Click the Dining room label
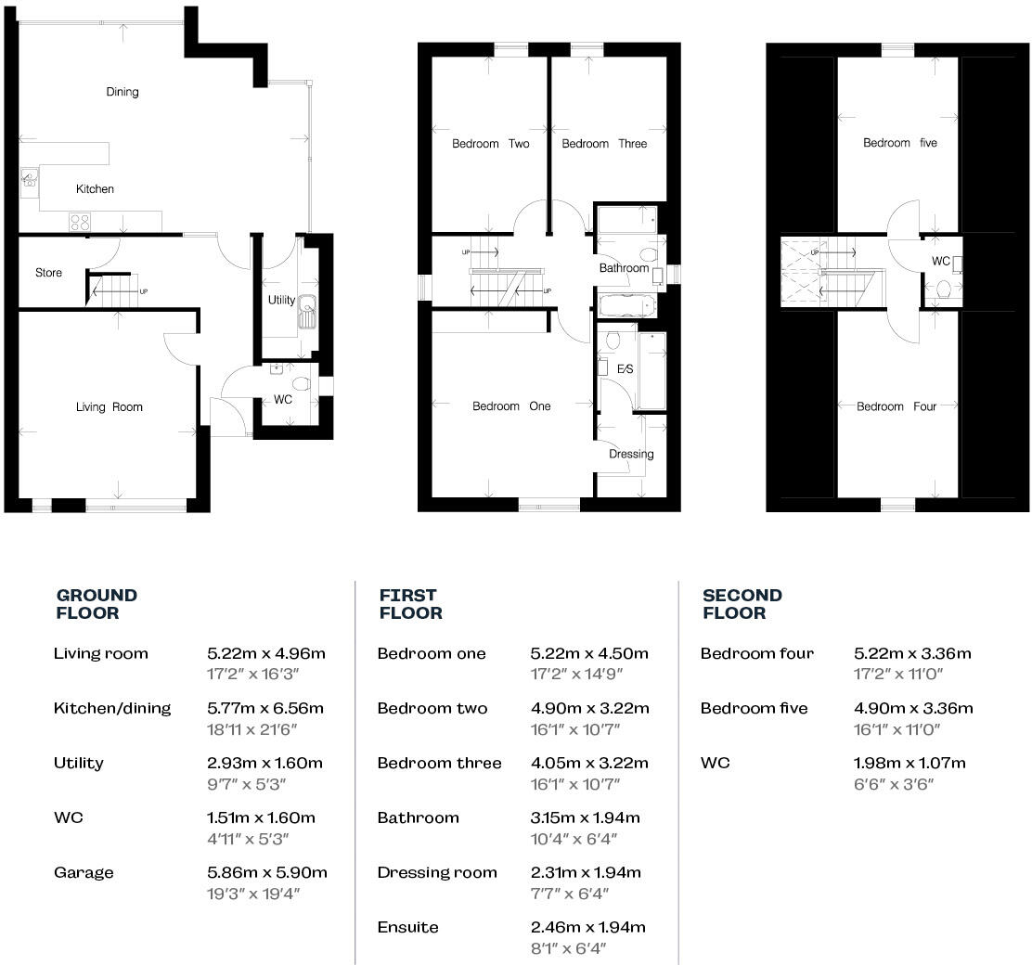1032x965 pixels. pyautogui.click(x=123, y=92)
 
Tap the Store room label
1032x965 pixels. pyautogui.click(x=49, y=273)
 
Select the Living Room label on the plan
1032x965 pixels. pyautogui.click(x=110, y=407)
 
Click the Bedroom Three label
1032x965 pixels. pyautogui.click(x=604, y=144)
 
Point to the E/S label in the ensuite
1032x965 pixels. pyautogui.click(x=625, y=370)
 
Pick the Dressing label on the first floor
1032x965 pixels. pyautogui.click(x=631, y=454)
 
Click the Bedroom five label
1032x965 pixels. pyautogui.click(x=899, y=143)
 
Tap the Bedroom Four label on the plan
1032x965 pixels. pyautogui.click(x=896, y=406)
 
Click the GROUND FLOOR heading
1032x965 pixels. pyautogui.click(x=97, y=604)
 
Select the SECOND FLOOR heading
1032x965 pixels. pyautogui.click(x=742, y=604)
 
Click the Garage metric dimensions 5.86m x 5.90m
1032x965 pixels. pyautogui.click(x=267, y=872)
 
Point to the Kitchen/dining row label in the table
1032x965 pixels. pyautogui.click(x=112, y=708)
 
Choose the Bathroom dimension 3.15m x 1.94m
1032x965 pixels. pyautogui.click(x=586, y=817)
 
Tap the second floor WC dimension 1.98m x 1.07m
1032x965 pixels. pyautogui.click(x=909, y=763)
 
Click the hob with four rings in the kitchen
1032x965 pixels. pyautogui.click(x=80, y=222)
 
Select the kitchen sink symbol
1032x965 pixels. pyautogui.click(x=29, y=177)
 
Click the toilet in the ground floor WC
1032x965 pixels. pyautogui.click(x=299, y=384)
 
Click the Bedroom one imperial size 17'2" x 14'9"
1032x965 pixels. pyautogui.click(x=575, y=675)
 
